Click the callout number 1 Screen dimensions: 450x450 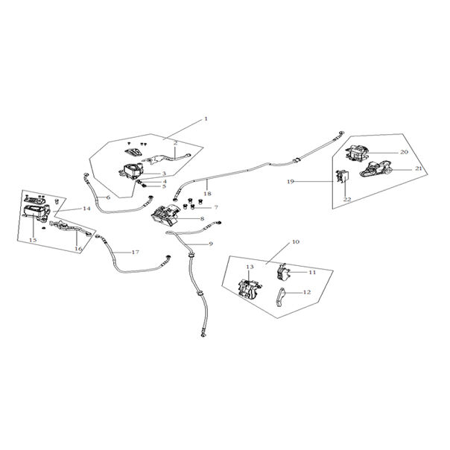coord(206,118)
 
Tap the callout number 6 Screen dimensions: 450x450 coord(108,197)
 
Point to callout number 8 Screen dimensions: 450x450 coord(201,219)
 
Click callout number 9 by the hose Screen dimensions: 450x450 coord(211,244)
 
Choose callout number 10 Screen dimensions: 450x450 coord(296,242)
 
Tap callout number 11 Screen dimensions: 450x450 coord(313,273)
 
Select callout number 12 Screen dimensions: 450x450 coord(307,293)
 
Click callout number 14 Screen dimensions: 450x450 coord(87,209)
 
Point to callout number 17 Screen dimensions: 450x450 coord(135,252)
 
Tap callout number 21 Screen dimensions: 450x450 coord(418,169)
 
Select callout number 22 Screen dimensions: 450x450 coord(347,200)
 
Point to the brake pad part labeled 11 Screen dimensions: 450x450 coord(286,271)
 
